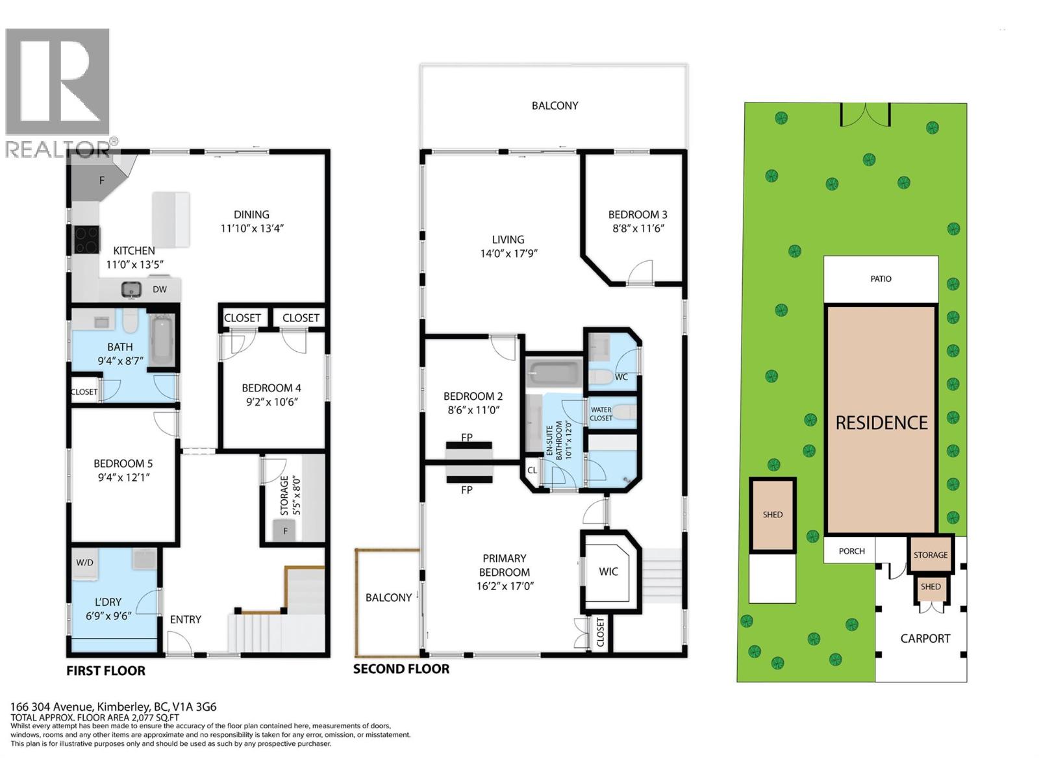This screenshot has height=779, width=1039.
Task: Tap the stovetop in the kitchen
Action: point(86,240)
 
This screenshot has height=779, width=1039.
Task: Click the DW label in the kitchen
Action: point(160,290)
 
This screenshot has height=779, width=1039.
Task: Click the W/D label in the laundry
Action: point(84,562)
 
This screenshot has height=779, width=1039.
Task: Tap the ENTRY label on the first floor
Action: point(186,619)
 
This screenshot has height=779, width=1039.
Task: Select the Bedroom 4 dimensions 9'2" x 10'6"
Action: point(271,402)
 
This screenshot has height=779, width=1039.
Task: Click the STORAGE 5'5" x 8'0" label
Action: point(290,495)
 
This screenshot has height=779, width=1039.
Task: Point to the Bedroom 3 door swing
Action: point(640,272)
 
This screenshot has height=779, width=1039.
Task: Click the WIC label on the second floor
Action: point(608,571)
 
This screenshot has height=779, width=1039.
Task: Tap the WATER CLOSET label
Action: point(601,414)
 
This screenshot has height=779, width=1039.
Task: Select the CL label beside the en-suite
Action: point(532,470)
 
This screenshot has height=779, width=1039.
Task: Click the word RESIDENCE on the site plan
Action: point(881,423)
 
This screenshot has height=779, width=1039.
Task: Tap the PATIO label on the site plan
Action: point(881,279)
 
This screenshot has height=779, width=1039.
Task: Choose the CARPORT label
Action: point(925,639)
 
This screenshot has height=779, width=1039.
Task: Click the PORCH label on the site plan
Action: point(851,551)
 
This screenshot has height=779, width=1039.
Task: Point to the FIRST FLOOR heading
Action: point(106,671)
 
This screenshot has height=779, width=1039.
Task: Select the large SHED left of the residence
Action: point(773,515)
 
